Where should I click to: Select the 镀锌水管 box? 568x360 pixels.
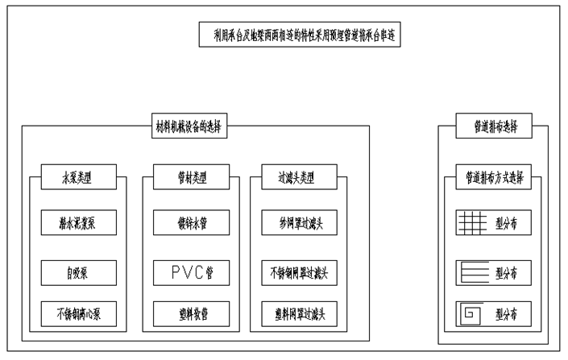[x=191, y=221]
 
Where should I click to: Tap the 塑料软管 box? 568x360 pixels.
[x=191, y=312]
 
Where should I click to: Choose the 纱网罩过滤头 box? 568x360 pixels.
[x=301, y=221]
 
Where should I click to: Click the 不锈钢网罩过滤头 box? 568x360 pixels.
[x=301, y=271]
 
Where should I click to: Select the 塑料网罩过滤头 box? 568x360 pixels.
[x=301, y=312]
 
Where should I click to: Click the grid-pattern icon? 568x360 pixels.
[x=473, y=223]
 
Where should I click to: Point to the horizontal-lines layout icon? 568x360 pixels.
[x=473, y=271]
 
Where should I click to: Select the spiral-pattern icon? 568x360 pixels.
[x=473, y=312]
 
